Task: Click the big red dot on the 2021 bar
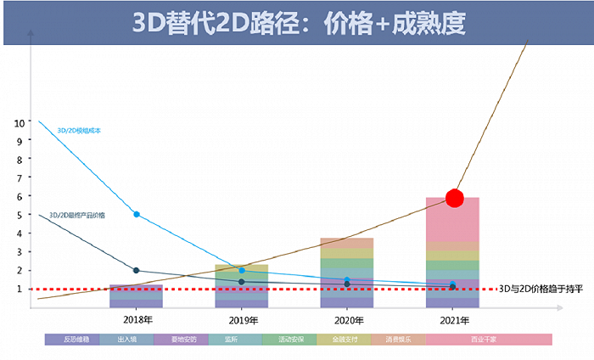pyautogui.click(x=455, y=199)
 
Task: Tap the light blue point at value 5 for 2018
pyautogui.click(x=137, y=214)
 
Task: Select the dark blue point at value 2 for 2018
pyautogui.click(x=137, y=270)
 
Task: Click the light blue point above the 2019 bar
pyautogui.click(x=242, y=270)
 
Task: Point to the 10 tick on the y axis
pyautogui.click(x=20, y=122)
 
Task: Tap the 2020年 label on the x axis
pyautogui.click(x=347, y=320)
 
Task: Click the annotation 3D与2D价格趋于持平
pyautogui.click(x=541, y=290)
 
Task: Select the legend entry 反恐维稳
pyautogui.click(x=72, y=340)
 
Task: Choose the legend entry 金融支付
pyautogui.click(x=344, y=340)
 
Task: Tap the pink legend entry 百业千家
pyautogui.click(x=488, y=340)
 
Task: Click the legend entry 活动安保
pyautogui.click(x=289, y=340)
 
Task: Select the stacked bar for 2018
pyautogui.click(x=136, y=295)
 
